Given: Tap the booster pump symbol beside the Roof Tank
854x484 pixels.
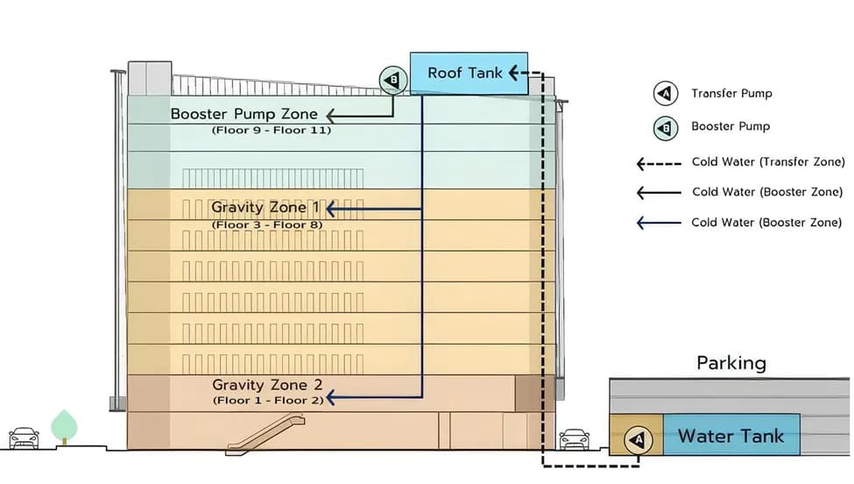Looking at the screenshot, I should pyautogui.click(x=393, y=81).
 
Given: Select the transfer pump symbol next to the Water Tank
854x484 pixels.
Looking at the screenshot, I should pyautogui.click(x=637, y=438).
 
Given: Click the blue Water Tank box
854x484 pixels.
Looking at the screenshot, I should pyautogui.click(x=730, y=436).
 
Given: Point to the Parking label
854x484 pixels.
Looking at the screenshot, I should pyautogui.click(x=731, y=363).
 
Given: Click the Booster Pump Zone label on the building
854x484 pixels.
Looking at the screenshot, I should pyautogui.click(x=243, y=114).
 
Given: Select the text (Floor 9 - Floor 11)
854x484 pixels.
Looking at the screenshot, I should pyautogui.click(x=272, y=130).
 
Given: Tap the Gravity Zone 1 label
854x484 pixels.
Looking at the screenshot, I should pyautogui.click(x=265, y=209).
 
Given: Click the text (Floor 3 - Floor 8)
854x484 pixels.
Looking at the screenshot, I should pyautogui.click(x=267, y=224).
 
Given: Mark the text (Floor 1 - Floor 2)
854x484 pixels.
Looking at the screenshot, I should pyautogui.click(x=267, y=400).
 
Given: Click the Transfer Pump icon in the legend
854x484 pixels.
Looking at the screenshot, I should pyautogui.click(x=666, y=94).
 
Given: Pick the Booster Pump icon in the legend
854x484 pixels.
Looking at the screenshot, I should pyautogui.click(x=666, y=128).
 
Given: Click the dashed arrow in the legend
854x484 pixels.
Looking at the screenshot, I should pyautogui.click(x=658, y=162).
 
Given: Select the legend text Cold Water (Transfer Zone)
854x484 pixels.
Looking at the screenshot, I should pyautogui.click(x=768, y=162).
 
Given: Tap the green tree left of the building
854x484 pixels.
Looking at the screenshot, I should pyautogui.click(x=65, y=426).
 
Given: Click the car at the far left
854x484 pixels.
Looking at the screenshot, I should pyautogui.click(x=24, y=438).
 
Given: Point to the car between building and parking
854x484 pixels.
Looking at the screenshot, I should pyautogui.click(x=575, y=438).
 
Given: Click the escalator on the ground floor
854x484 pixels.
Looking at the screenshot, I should pyautogui.click(x=266, y=435).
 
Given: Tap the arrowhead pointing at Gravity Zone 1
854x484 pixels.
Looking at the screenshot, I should pyautogui.click(x=330, y=210).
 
